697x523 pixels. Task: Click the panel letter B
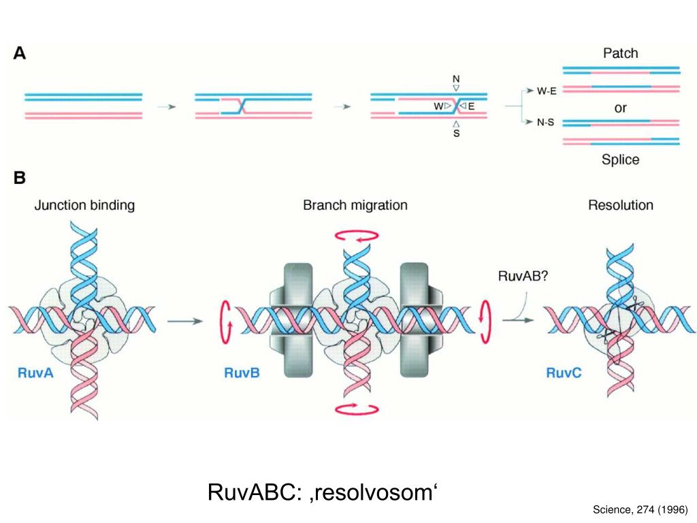tap(20, 178)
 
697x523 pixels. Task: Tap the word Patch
tap(620, 52)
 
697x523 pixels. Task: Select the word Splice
tap(620, 159)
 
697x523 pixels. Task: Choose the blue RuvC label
tap(563, 373)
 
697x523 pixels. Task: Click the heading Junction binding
tap(84, 205)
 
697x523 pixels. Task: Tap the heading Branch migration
tap(355, 205)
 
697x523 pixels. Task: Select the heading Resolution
tap(620, 205)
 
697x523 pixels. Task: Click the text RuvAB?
tap(521, 276)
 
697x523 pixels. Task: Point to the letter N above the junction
tap(456, 79)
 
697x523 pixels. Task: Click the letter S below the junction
tap(456, 134)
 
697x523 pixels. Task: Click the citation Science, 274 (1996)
tap(640, 509)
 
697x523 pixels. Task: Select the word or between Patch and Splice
tap(620, 108)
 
